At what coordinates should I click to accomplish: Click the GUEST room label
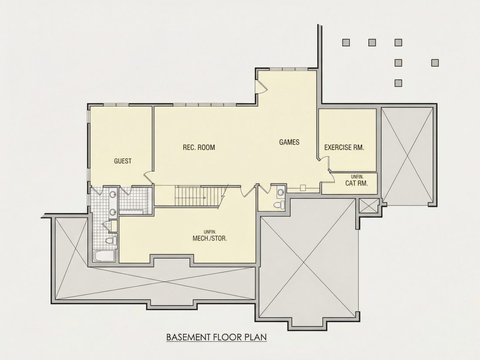coord(123,161)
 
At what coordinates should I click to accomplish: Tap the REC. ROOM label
coord(199,147)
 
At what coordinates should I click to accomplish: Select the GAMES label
coord(289,142)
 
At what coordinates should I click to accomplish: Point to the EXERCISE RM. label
coord(344,147)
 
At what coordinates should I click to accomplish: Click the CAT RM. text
coord(357,184)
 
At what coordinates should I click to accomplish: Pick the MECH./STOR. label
coord(210,238)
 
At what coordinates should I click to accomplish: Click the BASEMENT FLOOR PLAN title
coord(216,337)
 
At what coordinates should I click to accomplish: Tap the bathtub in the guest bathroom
coord(103,256)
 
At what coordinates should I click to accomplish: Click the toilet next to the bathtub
coord(111,240)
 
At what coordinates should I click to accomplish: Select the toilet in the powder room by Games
coord(279,205)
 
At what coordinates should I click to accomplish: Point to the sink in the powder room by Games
coord(281,192)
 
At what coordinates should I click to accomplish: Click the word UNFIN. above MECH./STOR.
coord(210,232)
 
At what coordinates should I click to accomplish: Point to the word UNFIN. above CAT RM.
coord(357,177)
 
